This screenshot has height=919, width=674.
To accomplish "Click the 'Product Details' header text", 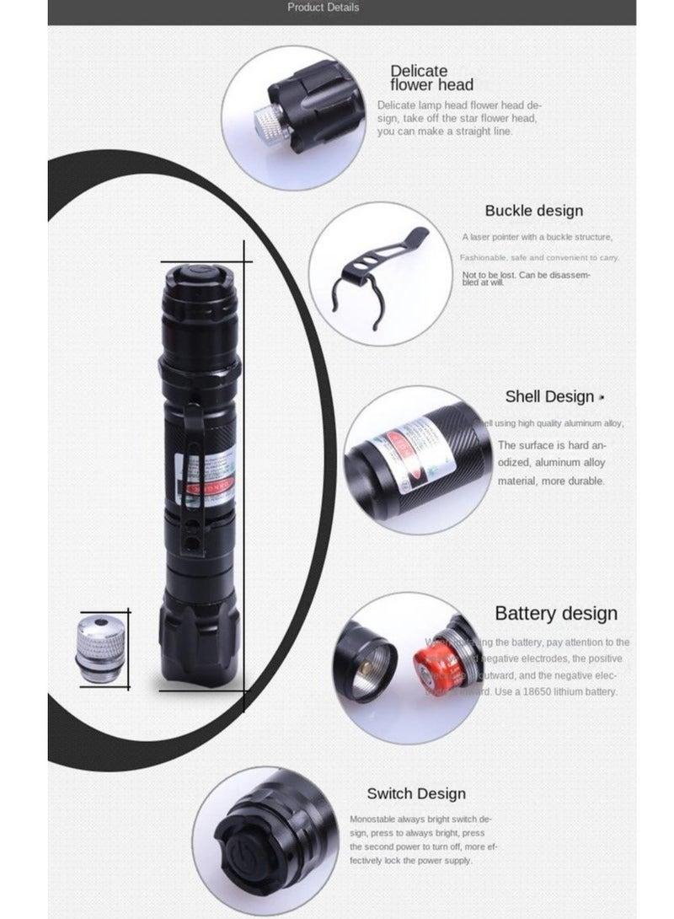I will (323, 8).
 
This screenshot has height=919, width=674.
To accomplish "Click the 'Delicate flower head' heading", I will (431, 78).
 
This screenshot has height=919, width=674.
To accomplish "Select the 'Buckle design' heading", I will (533, 211).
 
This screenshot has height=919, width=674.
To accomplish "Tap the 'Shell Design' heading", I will (549, 396).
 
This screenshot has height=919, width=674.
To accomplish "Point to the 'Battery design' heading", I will (555, 613).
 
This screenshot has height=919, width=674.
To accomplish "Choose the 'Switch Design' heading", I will (415, 793).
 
